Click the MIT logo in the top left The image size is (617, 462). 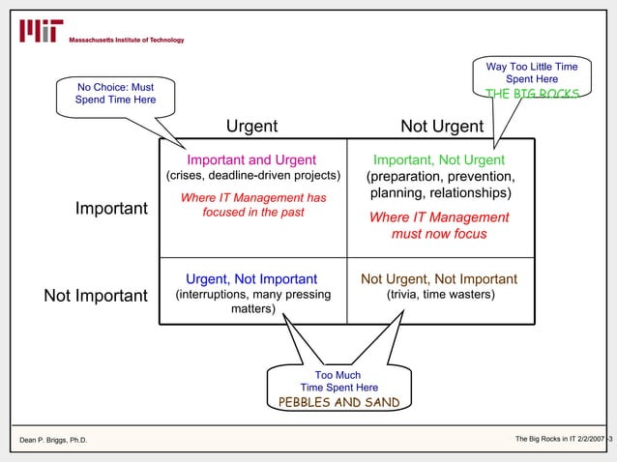41,32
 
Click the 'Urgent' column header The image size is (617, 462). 251,127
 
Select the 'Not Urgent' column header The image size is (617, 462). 442,127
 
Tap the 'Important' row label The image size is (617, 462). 111,209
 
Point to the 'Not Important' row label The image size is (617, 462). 96,295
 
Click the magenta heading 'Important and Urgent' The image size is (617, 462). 251,159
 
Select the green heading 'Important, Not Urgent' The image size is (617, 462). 439,159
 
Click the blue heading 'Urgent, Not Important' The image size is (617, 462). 251,279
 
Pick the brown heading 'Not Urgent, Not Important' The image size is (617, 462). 439,279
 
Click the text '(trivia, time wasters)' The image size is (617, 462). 440,295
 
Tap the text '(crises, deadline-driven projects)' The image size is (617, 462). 251,176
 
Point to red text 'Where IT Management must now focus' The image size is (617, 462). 439,225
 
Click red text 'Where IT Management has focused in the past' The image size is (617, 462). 253,205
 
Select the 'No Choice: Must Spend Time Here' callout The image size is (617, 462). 114,94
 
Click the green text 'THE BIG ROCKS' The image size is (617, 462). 533,94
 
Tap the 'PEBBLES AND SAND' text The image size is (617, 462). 338,402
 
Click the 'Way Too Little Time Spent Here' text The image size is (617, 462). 532,72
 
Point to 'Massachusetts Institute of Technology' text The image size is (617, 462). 126,40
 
